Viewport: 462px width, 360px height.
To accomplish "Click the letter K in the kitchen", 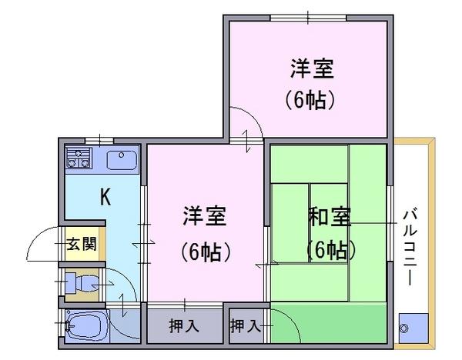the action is click(105, 197).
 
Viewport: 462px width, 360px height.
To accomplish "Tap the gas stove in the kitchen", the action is click(79, 158).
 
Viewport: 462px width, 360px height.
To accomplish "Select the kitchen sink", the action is click(122, 160).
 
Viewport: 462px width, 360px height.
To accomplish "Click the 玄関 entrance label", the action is click(82, 244).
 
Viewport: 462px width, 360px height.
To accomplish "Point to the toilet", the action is click(81, 283).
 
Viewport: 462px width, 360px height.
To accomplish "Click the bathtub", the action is click(87, 326).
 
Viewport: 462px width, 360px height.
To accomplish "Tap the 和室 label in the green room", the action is click(329, 217).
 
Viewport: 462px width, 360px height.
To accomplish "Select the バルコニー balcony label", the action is click(410, 247).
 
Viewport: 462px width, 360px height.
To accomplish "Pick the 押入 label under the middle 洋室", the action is click(184, 326).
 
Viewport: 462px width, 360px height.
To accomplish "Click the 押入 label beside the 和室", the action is click(246, 326).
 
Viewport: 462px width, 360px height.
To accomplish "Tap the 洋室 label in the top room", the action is click(312, 68).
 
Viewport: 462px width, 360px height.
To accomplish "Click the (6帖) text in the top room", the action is click(310, 100).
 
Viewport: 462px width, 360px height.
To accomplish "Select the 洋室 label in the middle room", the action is click(205, 215).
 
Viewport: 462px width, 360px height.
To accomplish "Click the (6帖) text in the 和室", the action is click(330, 250).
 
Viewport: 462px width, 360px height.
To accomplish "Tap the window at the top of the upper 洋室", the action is click(308, 18).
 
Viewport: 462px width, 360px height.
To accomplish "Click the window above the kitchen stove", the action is click(99, 141).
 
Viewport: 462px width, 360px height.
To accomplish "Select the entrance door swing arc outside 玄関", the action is click(42, 244).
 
